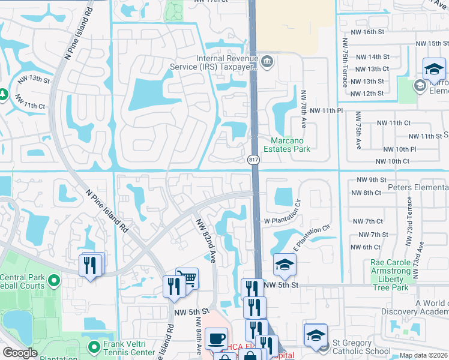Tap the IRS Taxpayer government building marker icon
tap(268, 61)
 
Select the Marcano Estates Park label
tap(285, 144)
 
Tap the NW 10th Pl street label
tap(396, 149)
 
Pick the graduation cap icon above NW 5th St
tap(285, 264)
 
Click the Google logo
tap(20, 353)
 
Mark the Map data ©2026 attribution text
tap(423, 355)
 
